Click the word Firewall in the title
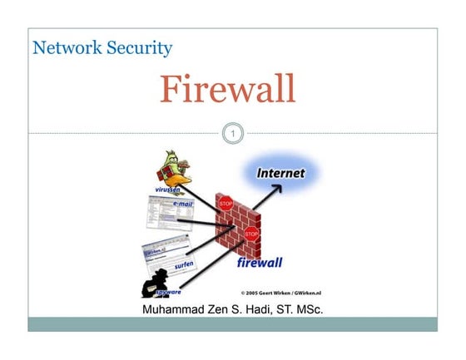[x=227, y=89]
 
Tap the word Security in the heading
[x=137, y=47]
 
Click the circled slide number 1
[x=233, y=132]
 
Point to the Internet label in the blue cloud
[x=280, y=174]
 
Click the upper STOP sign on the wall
[x=225, y=202]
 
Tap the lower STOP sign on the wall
[x=251, y=234]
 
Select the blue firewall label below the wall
[x=259, y=264]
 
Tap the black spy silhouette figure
[x=154, y=284]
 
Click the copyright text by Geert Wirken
[x=280, y=293]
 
